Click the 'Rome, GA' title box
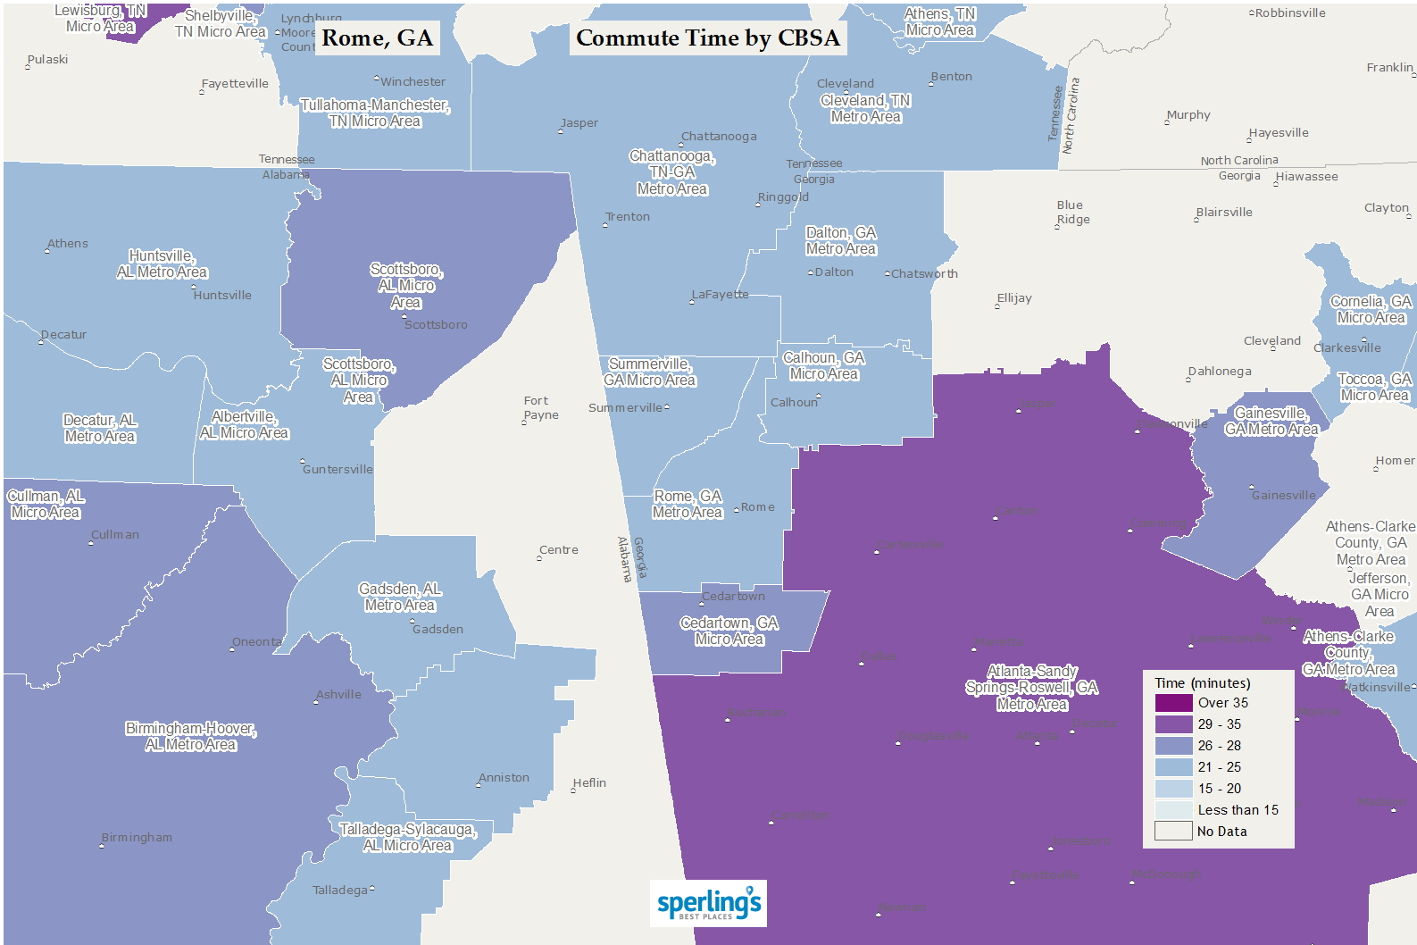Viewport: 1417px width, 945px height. [x=377, y=38]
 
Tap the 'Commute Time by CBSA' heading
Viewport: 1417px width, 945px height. [x=708, y=38]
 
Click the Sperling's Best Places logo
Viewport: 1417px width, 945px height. [x=708, y=903]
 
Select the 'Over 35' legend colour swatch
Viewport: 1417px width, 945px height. [x=1173, y=703]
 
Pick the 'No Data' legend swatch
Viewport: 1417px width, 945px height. [x=1173, y=832]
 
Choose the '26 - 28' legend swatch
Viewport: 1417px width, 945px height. [x=1173, y=746]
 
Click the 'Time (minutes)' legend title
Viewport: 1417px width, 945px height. [x=1202, y=683]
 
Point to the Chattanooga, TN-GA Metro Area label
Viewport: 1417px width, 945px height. [x=672, y=172]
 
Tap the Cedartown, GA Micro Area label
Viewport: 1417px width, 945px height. [x=729, y=631]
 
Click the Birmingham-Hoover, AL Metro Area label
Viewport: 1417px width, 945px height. [x=191, y=736]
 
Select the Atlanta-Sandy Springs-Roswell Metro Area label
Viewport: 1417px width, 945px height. [x=1032, y=688]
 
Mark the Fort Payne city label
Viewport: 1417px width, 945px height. [x=541, y=407]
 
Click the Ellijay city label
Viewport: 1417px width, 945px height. [x=1014, y=297]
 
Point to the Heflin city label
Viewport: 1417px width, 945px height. [x=589, y=782]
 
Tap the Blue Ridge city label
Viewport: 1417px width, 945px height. [x=1071, y=212]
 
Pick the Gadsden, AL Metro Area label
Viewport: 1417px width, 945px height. [x=400, y=597]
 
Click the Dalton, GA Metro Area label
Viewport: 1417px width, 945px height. [x=841, y=240]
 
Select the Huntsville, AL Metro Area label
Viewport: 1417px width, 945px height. [x=162, y=263]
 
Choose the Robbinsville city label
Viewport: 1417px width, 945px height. [x=1289, y=13]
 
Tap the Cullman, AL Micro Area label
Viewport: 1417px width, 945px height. [x=46, y=504]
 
